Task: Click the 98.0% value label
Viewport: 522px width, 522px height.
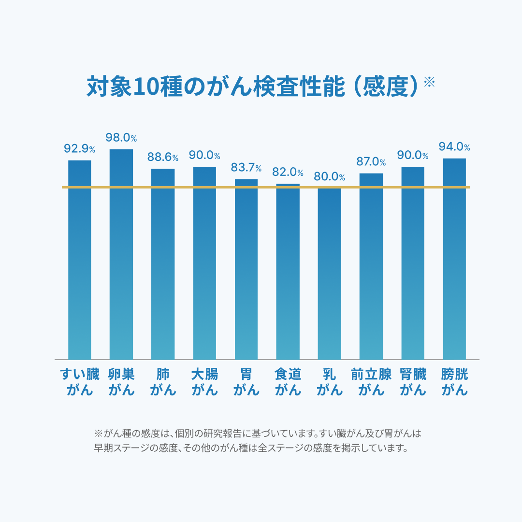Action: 121,138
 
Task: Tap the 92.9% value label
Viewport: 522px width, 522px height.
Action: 79,149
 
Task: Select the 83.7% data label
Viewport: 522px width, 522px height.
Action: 246,168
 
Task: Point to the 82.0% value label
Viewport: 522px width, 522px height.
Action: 288,173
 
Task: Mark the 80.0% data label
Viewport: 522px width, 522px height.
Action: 329,177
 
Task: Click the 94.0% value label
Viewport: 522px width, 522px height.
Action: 454,147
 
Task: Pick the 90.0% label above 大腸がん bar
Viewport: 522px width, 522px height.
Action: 204,155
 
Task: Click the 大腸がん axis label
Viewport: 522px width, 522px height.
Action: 204,382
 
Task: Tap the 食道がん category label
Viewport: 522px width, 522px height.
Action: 288,382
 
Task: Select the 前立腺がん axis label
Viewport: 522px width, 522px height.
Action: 371,382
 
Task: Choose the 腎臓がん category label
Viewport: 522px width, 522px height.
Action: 413,382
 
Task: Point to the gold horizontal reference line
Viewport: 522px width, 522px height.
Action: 266,187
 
